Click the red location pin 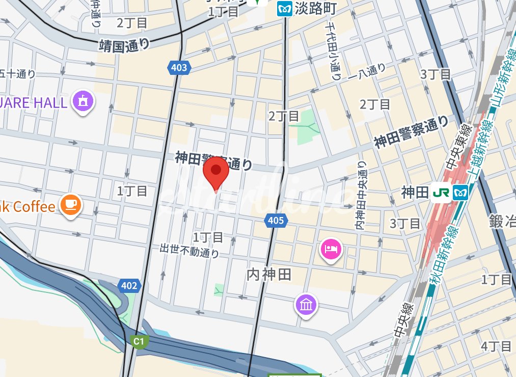point(216,172)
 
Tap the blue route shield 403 point(178,67)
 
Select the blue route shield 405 point(276,221)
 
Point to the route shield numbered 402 point(129,285)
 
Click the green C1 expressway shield point(138,341)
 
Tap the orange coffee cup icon point(70,205)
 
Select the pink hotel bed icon point(332,250)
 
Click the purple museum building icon point(306,305)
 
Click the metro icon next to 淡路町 point(284,9)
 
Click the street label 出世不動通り point(189,250)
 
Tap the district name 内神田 point(268,275)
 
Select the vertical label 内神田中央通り point(362,197)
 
